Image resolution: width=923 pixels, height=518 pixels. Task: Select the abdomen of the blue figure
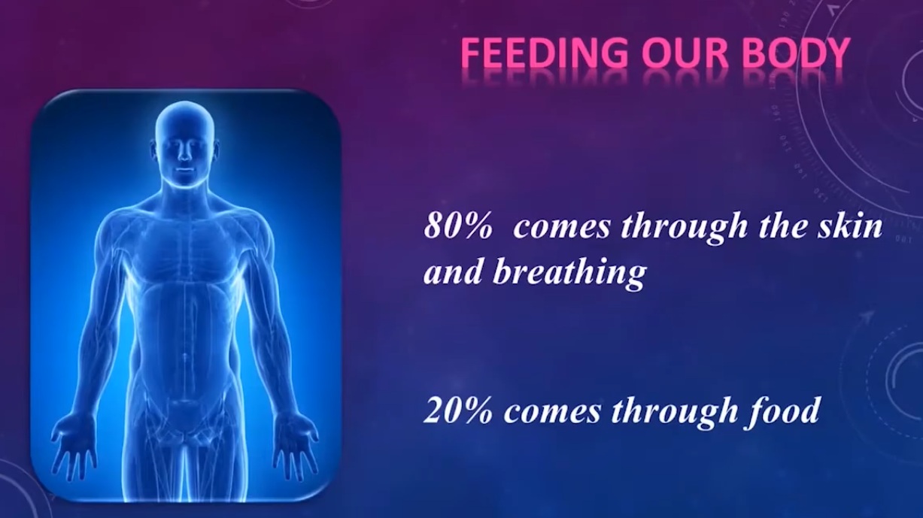(185, 316)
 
